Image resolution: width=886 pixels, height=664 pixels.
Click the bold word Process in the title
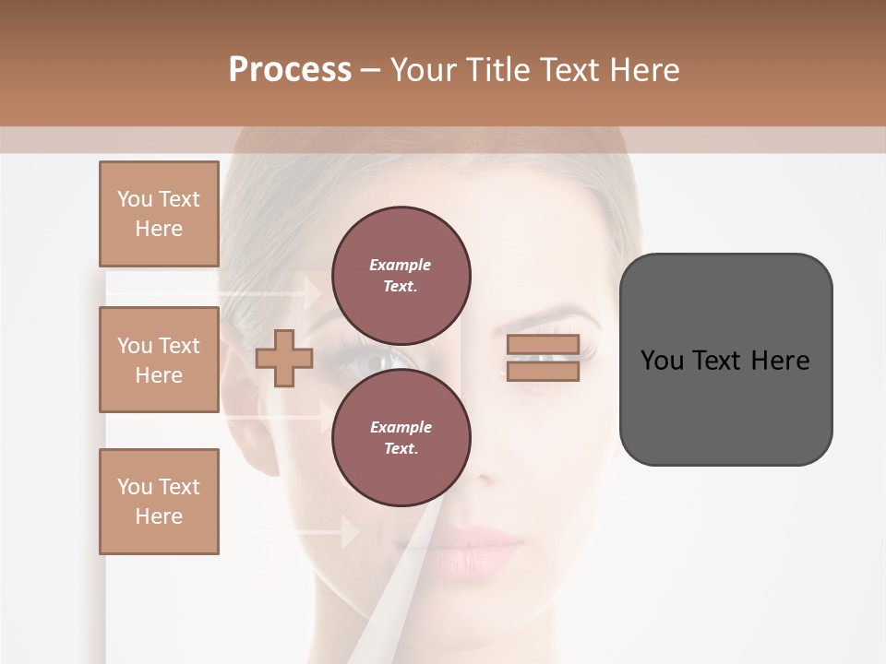click(290, 70)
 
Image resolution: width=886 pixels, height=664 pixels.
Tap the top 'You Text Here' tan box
click(159, 214)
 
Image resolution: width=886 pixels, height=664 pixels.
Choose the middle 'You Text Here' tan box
click(159, 360)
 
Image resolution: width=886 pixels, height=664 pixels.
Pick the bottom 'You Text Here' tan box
click(159, 502)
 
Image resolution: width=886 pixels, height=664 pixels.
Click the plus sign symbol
click(283, 358)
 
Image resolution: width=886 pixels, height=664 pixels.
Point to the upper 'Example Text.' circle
click(401, 275)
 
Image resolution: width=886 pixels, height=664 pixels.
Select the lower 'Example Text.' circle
click(401, 437)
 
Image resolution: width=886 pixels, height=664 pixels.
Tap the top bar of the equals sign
click(543, 344)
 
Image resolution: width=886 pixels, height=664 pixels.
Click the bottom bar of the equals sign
click(543, 371)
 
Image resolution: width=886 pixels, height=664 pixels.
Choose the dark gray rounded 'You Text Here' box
click(725, 360)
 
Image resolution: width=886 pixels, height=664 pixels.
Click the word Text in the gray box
click(719, 360)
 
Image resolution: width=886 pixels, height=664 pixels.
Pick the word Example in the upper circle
click(401, 265)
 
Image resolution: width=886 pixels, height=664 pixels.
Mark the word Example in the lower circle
click(401, 427)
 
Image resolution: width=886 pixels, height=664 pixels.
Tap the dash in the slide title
click(370, 70)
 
